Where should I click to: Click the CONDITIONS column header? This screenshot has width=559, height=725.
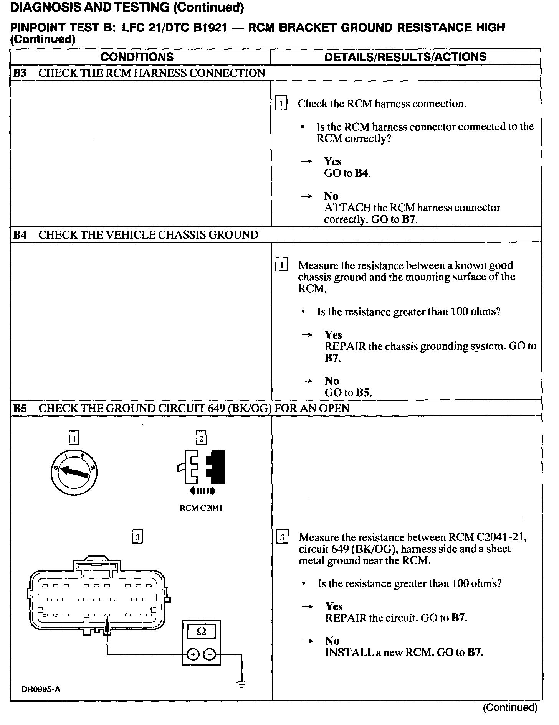pos(137,57)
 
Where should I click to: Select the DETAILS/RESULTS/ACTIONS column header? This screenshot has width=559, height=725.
pos(405,57)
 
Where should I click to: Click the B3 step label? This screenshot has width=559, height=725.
pos(19,73)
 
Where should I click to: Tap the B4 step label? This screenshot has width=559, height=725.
pos(19,235)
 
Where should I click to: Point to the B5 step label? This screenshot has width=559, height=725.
pos(19,408)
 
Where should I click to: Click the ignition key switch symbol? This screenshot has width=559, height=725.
pos(74,472)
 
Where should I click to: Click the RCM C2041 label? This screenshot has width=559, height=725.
pos(201,508)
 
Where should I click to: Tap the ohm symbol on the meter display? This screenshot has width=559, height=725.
pos(201,631)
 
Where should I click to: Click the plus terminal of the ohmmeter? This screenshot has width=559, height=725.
pos(193,654)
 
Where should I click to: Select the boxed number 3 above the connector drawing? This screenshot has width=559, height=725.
pos(137,536)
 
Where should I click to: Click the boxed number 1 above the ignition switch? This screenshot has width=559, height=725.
pos(74,438)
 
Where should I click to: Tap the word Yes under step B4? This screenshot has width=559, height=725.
pos(333,335)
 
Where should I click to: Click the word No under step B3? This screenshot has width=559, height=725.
pos(331,196)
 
